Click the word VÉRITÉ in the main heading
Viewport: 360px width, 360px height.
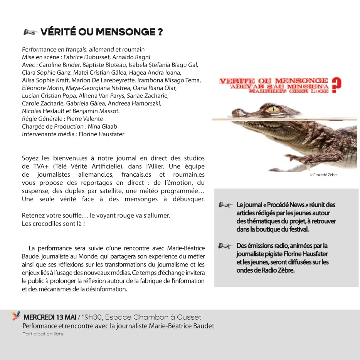58,32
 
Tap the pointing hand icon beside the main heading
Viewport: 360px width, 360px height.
30,32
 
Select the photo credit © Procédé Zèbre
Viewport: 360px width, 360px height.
323,175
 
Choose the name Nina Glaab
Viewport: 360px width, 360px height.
103,126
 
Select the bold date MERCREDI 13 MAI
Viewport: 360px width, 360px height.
50,317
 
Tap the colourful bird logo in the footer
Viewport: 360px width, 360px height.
16,316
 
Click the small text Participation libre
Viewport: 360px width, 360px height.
43,334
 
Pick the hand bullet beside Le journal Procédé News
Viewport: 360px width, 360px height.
225,205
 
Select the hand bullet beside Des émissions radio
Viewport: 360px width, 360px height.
225,246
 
